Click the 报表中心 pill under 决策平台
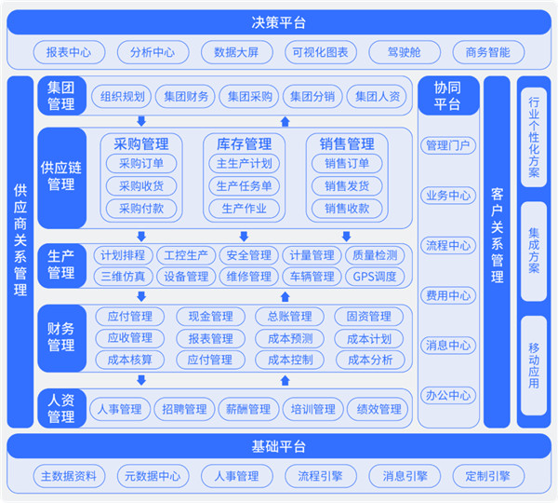pyautogui.click(x=69, y=52)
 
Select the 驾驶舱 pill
pyautogui.click(x=405, y=52)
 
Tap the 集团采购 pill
pyautogui.click(x=248, y=96)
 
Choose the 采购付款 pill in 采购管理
pyautogui.click(x=141, y=209)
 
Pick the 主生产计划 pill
pyautogui.click(x=244, y=164)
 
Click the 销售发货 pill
pyautogui.click(x=347, y=186)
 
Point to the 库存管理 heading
pyautogui.click(x=244, y=144)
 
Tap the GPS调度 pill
pyautogui.click(x=375, y=277)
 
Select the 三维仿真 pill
pyautogui.click(x=123, y=277)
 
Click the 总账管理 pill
pyautogui.click(x=289, y=316)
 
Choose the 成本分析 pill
pyautogui.click(x=370, y=360)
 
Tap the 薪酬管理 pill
pyautogui.click(x=248, y=409)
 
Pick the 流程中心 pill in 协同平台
pyautogui.click(x=448, y=246)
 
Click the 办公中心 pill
pyautogui.click(x=448, y=395)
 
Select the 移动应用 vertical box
pyautogui.click(x=534, y=365)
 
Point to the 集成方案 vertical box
pyautogui.click(x=534, y=251)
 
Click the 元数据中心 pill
pyautogui.click(x=153, y=476)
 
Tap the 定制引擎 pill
pyautogui.click(x=488, y=476)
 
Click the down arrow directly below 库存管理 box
pyautogui.click(x=244, y=236)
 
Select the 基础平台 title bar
pyautogui.click(x=279, y=446)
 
